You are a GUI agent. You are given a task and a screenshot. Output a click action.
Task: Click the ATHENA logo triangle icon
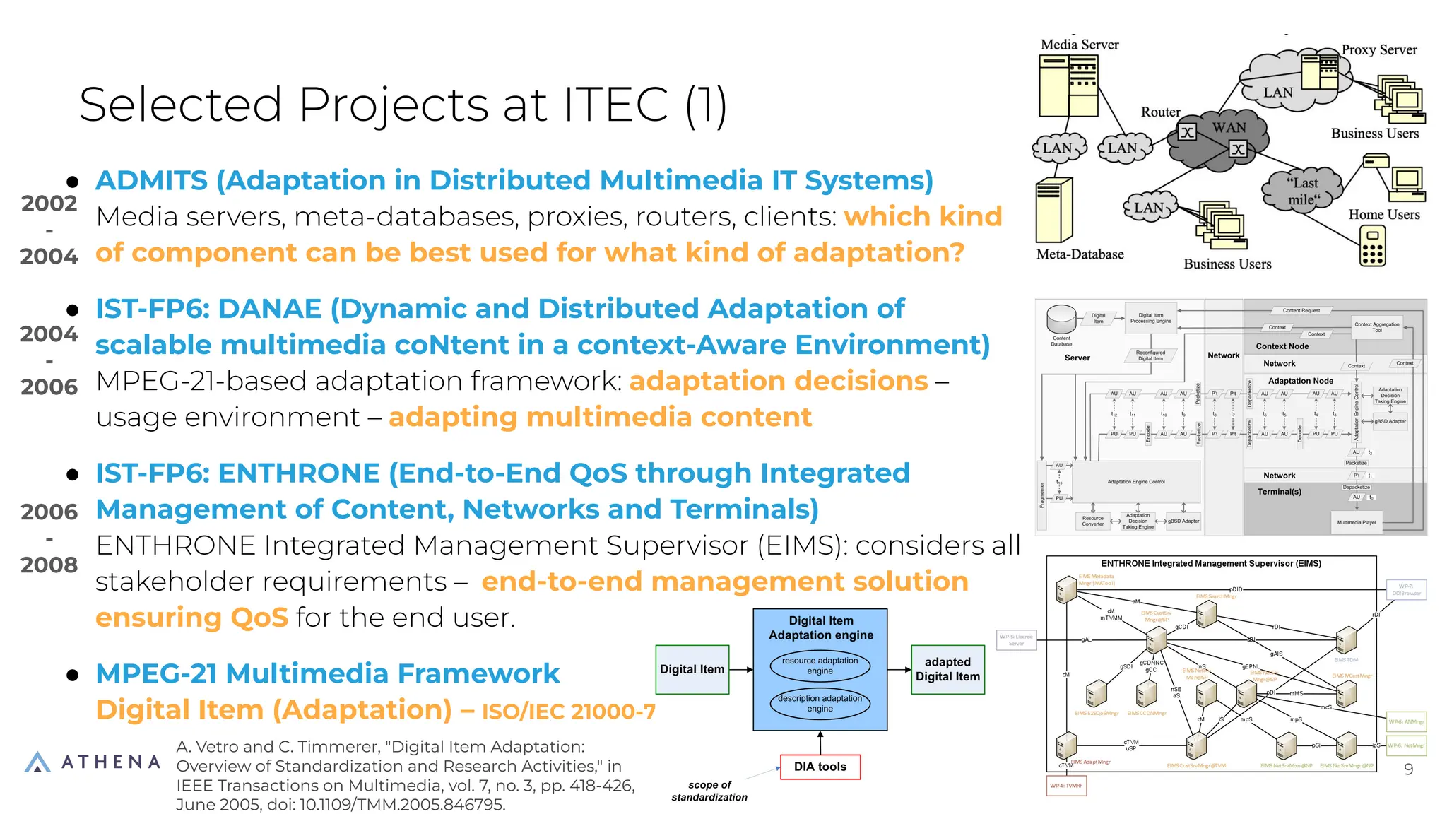pyautogui.click(x=37, y=762)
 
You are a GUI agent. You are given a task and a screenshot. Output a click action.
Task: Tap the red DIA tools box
pyautogui.click(x=820, y=767)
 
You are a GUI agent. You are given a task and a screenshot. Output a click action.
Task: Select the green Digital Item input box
pyautogui.click(x=692, y=669)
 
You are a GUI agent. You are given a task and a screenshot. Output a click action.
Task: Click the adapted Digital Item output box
pyautogui.click(x=947, y=669)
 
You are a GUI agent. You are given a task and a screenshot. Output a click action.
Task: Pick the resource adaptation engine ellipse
pyautogui.click(x=820, y=666)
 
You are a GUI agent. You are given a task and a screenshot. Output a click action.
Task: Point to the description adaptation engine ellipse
pyautogui.click(x=820, y=703)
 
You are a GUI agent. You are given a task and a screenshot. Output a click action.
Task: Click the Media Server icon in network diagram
pyautogui.click(x=1068, y=85)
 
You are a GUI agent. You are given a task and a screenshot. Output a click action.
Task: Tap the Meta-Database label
pyautogui.click(x=1080, y=254)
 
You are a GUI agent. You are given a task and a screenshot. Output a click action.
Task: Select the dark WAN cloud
pyautogui.click(x=1217, y=138)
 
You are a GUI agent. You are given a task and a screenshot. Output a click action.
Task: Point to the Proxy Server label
pyautogui.click(x=1378, y=50)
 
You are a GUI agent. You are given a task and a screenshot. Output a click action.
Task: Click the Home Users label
pyautogui.click(x=1383, y=215)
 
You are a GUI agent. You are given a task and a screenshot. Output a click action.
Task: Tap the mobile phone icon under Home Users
pyautogui.click(x=1372, y=247)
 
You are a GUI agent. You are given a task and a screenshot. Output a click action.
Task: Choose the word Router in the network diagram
pyautogui.click(x=1160, y=112)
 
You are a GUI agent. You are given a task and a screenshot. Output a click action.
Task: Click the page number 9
pyautogui.click(x=1408, y=769)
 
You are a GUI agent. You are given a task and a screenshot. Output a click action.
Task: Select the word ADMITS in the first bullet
pyautogui.click(x=151, y=181)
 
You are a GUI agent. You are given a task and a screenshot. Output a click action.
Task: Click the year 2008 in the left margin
pyautogui.click(x=49, y=565)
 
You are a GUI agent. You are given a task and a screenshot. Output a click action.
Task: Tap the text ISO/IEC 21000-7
pyautogui.click(x=568, y=712)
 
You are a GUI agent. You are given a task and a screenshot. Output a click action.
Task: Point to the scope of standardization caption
pyautogui.click(x=709, y=791)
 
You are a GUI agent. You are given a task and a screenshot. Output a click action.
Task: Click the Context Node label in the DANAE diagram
pyautogui.click(x=1282, y=346)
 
